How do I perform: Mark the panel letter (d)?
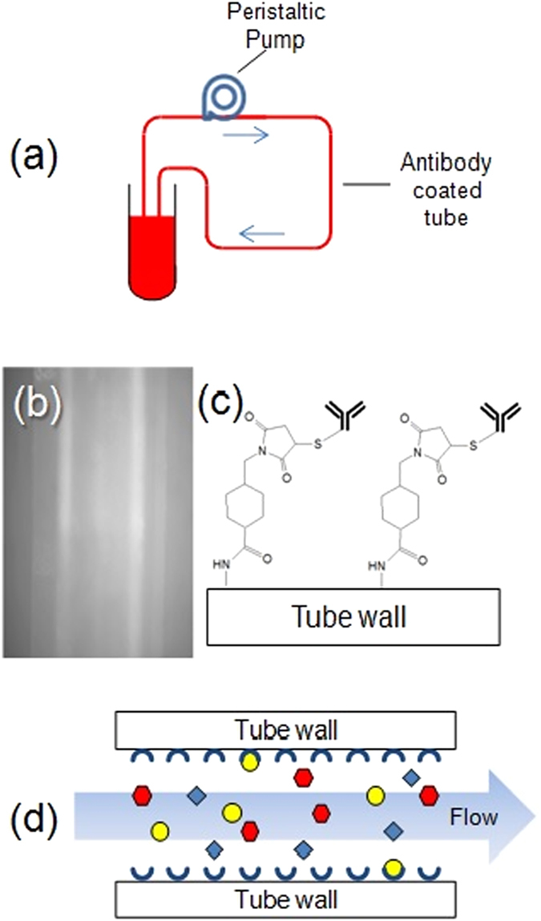(x=32, y=818)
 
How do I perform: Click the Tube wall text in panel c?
(x=353, y=620)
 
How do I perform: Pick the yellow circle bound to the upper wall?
(x=251, y=760)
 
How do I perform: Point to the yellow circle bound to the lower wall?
(x=392, y=868)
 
